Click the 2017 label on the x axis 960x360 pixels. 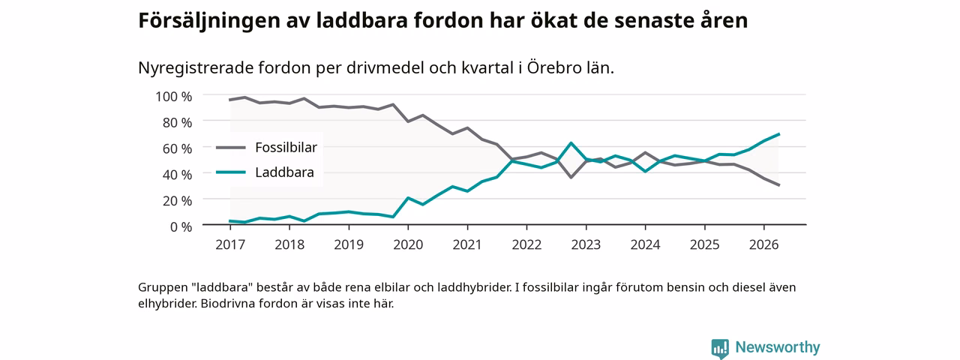tap(230, 244)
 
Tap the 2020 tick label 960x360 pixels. tap(408, 244)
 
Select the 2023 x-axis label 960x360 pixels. tap(586, 244)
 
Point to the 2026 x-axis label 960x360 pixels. tap(763, 244)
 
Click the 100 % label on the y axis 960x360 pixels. tap(173, 97)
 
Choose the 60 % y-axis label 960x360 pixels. tap(177, 148)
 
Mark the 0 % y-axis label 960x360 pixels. tap(181, 226)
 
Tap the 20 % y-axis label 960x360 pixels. tap(177, 200)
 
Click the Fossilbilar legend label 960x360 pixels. tap(286, 148)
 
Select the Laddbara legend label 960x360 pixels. tap(284, 172)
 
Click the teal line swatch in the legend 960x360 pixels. tap(230, 172)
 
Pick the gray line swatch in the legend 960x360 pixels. tap(230, 148)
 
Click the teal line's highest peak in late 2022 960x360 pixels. tap(571, 143)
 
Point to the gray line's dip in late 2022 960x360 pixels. tap(571, 177)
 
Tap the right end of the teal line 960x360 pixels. tap(778, 134)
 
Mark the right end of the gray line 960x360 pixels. tap(778, 185)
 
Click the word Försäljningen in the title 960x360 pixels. tap(209, 20)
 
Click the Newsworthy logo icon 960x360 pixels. tap(720, 348)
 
